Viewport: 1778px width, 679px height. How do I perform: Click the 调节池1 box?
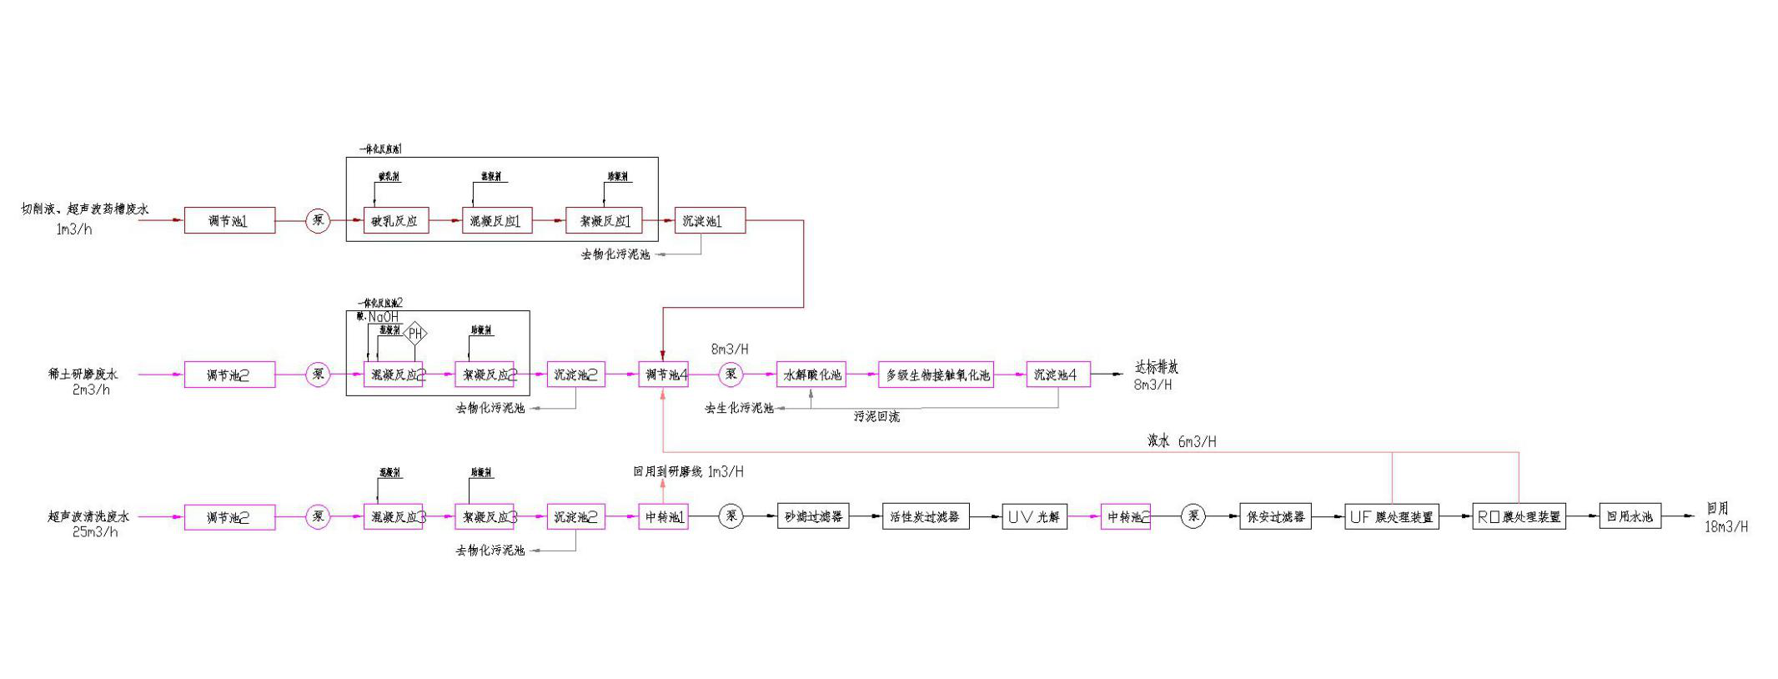point(229,221)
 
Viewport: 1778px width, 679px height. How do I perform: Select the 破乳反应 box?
point(396,221)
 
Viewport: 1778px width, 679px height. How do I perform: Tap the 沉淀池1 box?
point(710,221)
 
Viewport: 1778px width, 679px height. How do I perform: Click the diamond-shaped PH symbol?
point(415,334)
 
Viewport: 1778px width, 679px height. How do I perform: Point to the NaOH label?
point(384,317)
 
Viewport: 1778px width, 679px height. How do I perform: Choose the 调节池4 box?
point(663,375)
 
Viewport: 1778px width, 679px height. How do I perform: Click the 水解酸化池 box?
point(811,375)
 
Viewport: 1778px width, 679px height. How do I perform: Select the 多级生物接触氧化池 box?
point(937,375)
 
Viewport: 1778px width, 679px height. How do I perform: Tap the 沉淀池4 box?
point(1058,375)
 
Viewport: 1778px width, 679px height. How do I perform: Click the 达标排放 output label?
point(1157,367)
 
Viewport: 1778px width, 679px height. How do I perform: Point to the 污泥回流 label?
point(876,416)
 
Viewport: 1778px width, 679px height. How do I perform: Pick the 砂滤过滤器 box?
point(813,517)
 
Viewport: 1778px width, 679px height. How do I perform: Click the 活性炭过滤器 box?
point(926,517)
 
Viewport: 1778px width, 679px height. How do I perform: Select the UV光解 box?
point(1034,517)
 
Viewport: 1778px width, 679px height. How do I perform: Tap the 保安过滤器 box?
point(1275,517)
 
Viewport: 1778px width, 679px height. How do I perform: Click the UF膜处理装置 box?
point(1392,517)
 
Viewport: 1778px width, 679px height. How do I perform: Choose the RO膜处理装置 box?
point(1519,517)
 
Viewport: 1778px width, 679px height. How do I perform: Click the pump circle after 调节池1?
point(318,221)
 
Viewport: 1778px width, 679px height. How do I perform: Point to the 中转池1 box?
point(663,517)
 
